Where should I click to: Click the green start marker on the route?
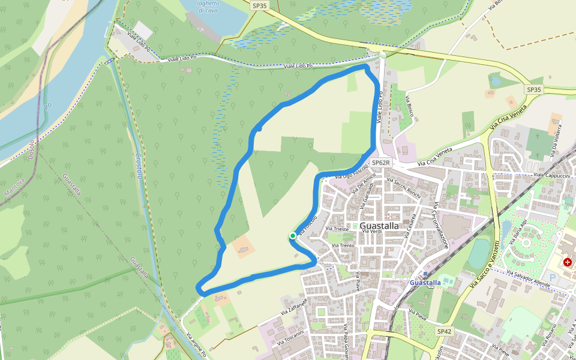click(x=293, y=236)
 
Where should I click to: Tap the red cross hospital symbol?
click(x=567, y=262)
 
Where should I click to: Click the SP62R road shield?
click(x=381, y=163)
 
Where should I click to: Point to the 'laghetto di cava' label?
click(x=208, y=7)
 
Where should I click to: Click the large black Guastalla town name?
click(x=379, y=226)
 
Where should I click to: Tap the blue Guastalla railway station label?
click(x=425, y=283)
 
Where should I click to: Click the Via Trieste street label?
click(x=337, y=229)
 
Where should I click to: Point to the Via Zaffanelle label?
click(x=293, y=308)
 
